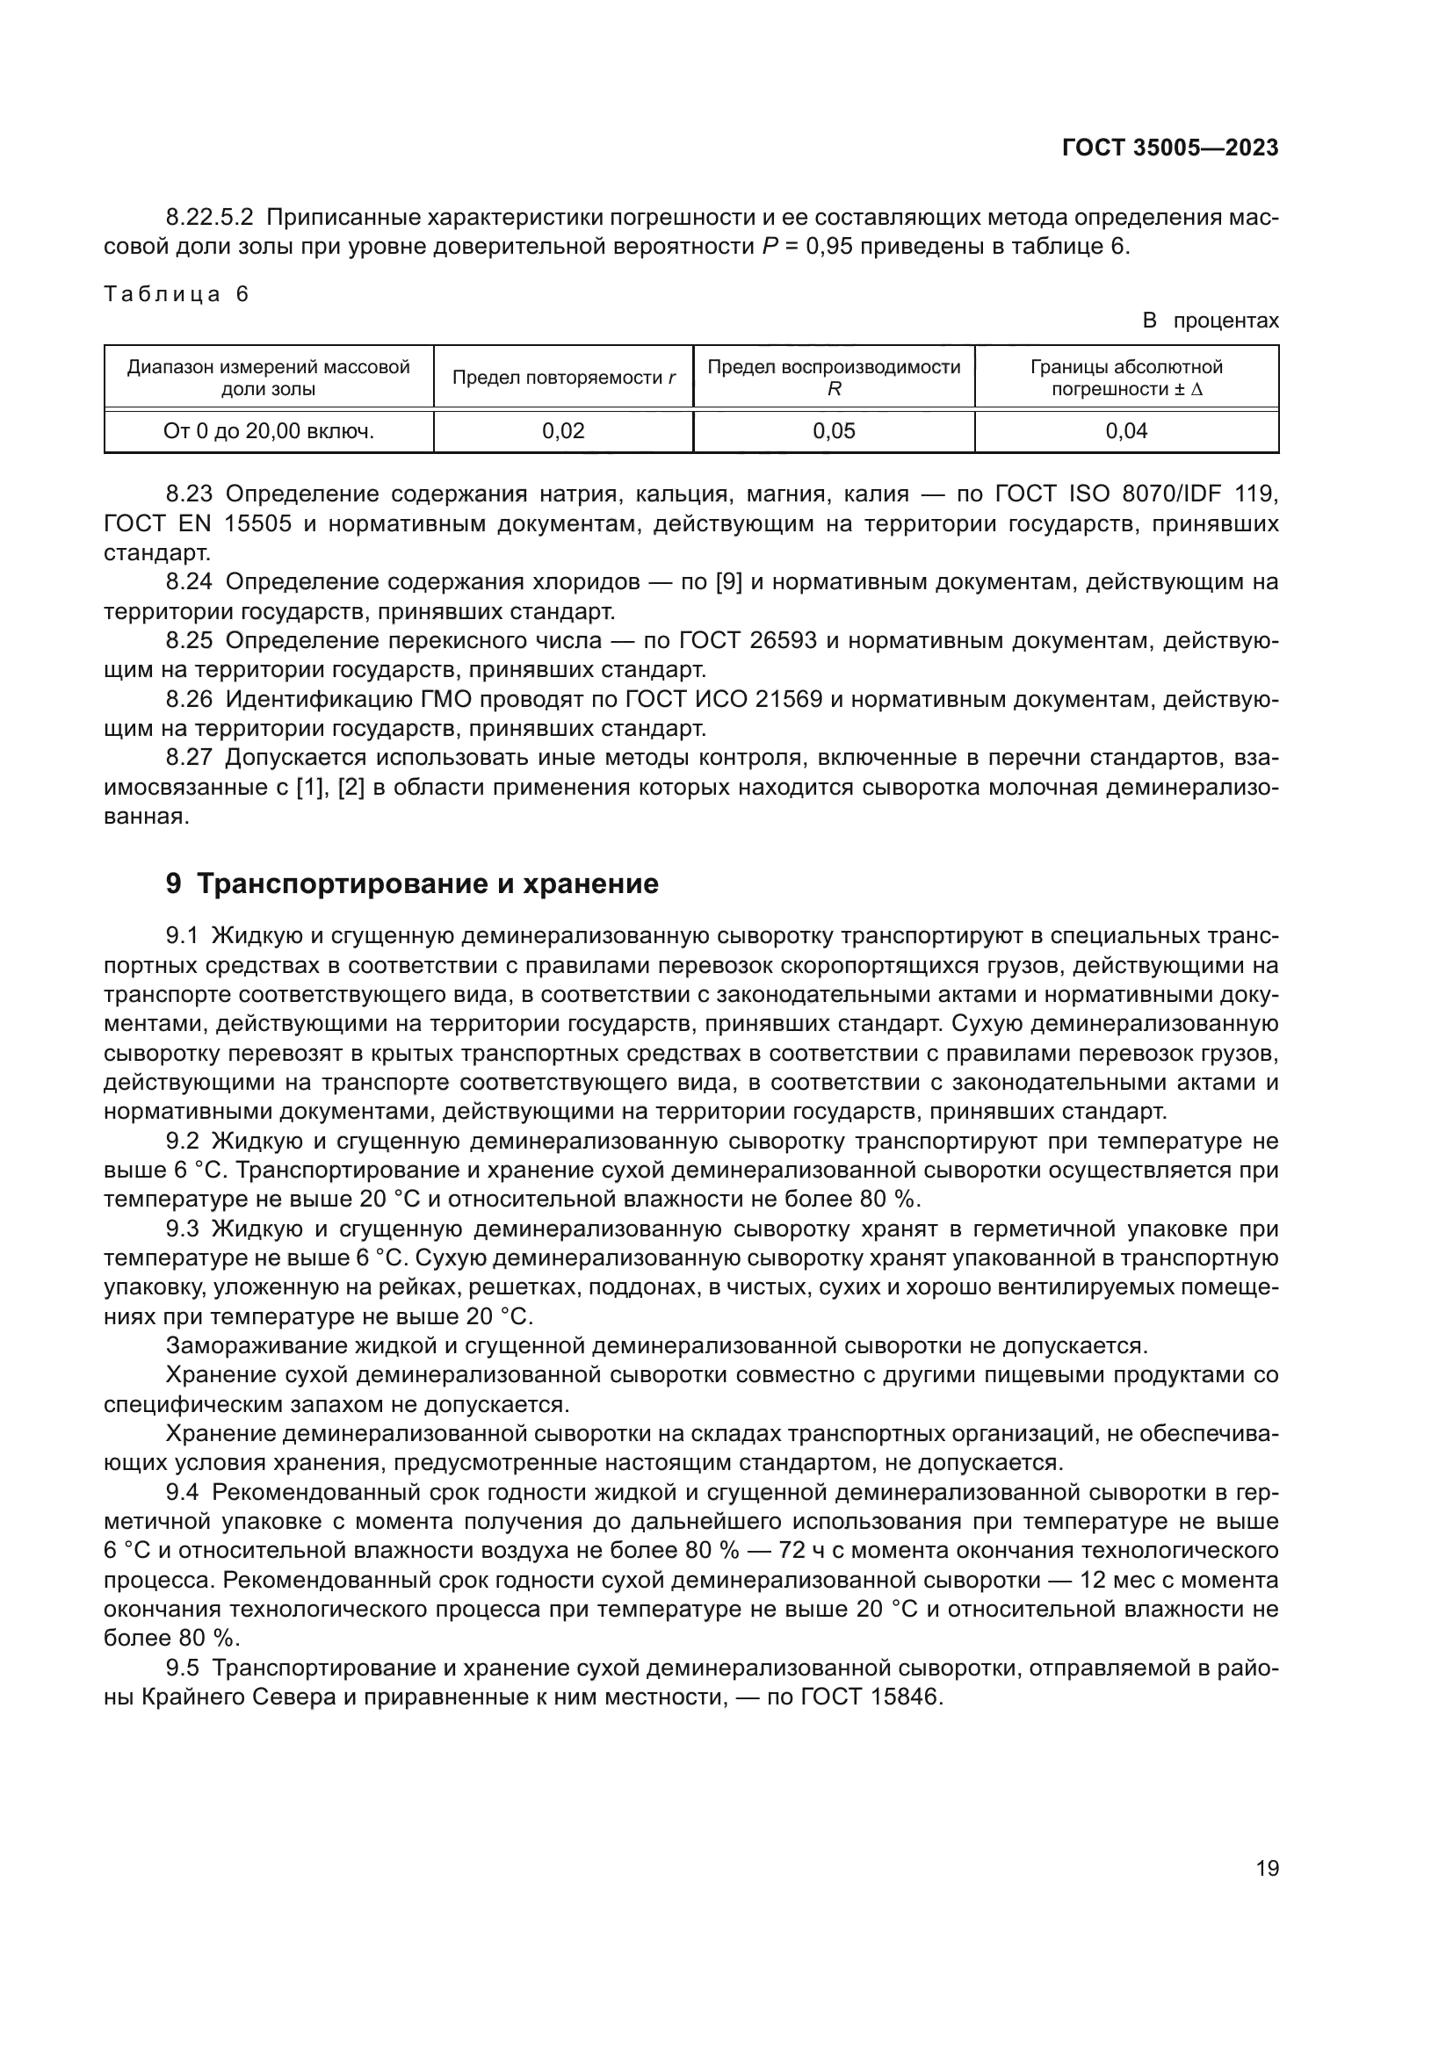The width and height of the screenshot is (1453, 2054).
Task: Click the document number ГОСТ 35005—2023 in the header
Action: coord(1169,148)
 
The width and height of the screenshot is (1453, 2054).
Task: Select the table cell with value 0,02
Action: coord(563,431)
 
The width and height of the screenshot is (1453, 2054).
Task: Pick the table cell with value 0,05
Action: coord(833,431)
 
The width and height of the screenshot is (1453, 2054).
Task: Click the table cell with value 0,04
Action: coord(1125,431)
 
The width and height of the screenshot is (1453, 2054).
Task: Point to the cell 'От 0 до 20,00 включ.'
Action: coord(269,431)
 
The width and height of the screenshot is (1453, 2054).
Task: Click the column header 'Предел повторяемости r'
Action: coord(563,378)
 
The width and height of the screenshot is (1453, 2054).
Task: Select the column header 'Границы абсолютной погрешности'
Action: coord(1125,378)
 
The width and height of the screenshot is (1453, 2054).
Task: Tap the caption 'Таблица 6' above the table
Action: coord(177,294)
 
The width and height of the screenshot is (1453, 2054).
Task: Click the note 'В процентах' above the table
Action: coord(1211,321)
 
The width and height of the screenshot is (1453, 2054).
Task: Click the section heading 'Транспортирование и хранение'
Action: coord(427,884)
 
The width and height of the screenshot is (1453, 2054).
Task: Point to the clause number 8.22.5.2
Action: coord(209,218)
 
